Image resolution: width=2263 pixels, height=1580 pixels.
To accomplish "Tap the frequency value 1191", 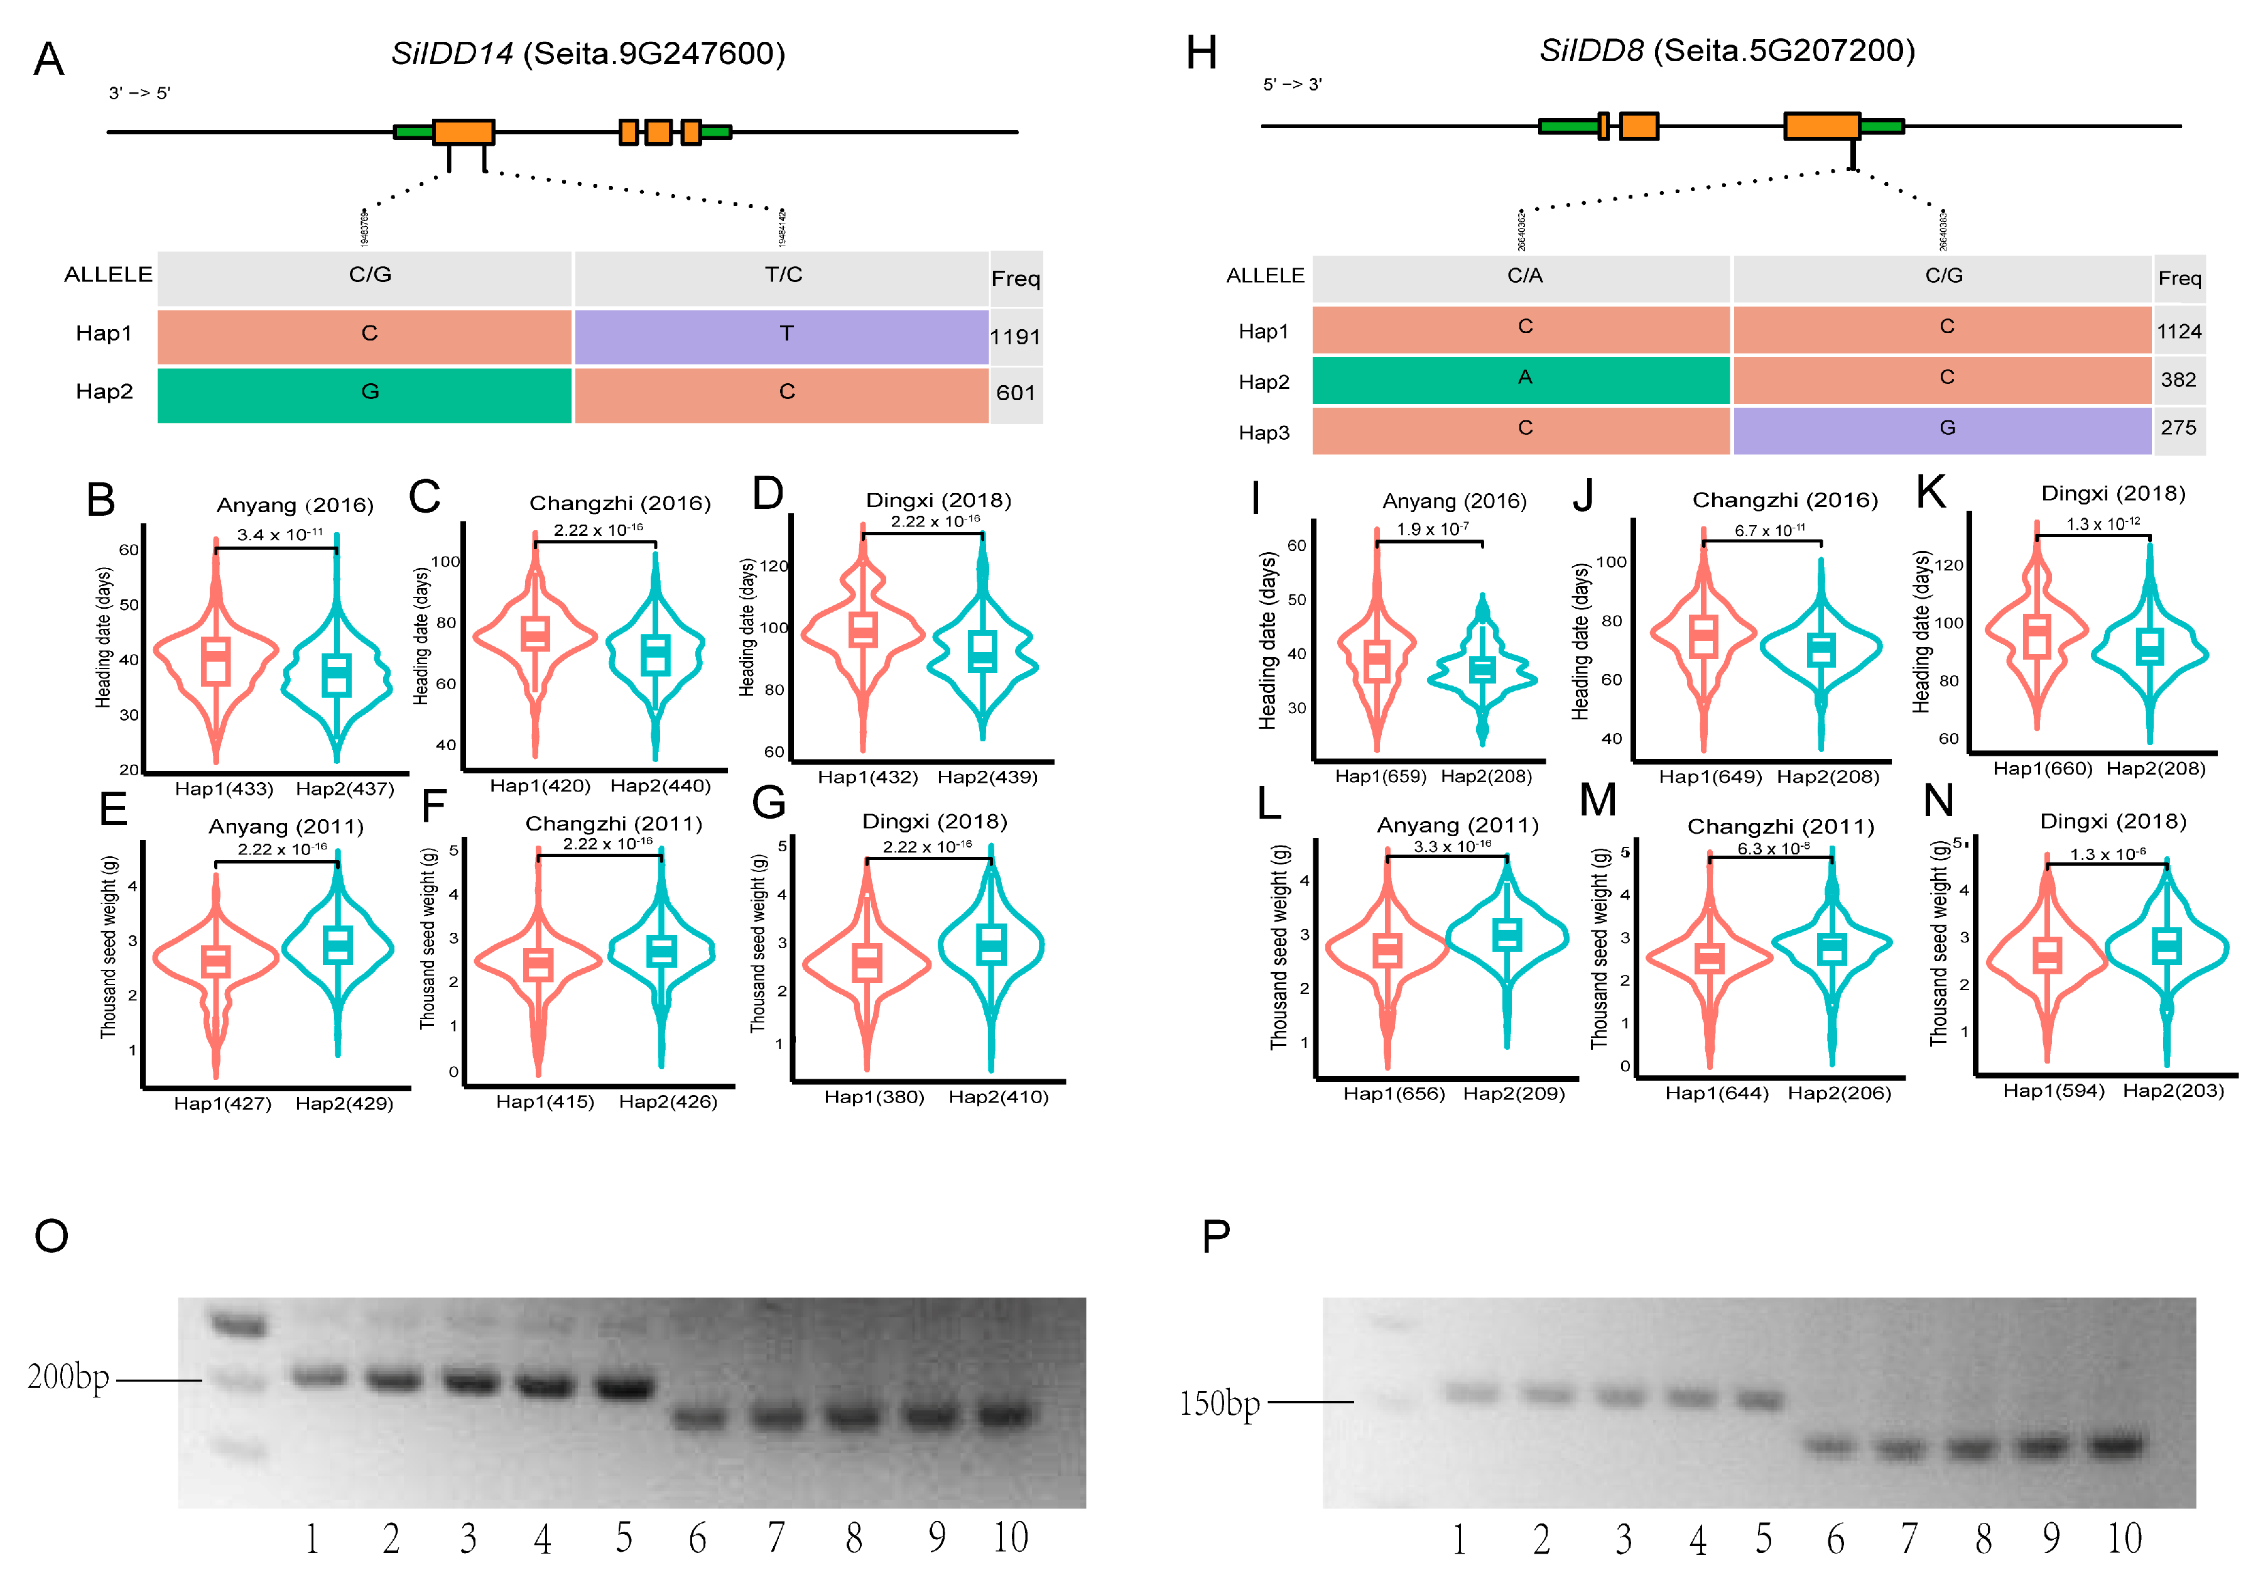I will [1015, 337].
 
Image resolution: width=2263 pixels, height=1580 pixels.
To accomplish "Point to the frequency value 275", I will [2178, 428].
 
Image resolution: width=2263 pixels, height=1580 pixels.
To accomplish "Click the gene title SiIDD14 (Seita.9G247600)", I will [589, 53].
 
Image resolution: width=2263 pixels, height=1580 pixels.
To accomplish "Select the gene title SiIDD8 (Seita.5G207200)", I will [1727, 50].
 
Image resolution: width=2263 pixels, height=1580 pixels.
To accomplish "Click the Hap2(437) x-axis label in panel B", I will [345, 788].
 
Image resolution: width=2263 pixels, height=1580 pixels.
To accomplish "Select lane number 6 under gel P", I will [1835, 1539].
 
